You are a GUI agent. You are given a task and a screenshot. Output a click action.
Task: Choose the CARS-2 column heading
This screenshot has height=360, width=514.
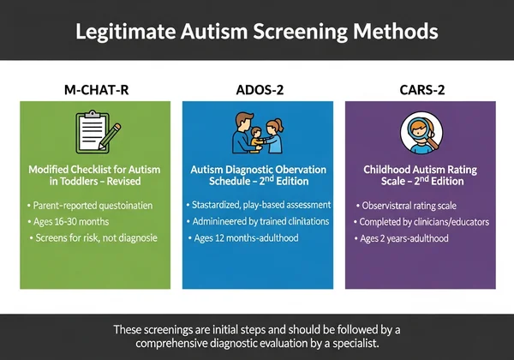[419, 87]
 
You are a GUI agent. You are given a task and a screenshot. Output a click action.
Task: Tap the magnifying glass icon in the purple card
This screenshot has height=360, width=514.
[420, 132]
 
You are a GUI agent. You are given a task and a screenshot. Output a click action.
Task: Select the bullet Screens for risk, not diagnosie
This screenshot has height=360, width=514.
[95, 237]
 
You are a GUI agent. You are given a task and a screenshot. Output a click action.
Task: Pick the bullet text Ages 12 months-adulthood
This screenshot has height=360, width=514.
[247, 237]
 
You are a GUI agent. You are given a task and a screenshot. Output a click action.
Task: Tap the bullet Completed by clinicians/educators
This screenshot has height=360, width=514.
[425, 222]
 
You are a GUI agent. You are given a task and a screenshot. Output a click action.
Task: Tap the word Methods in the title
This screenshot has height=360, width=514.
[393, 32]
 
